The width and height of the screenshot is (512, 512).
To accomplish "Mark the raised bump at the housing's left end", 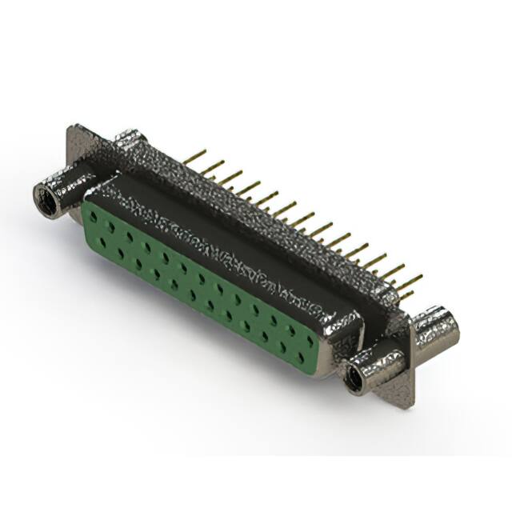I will tap(128, 144).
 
